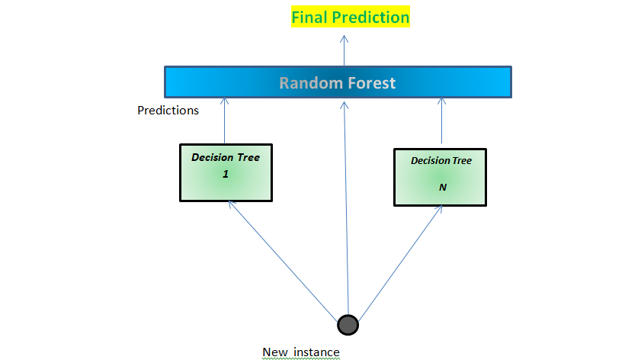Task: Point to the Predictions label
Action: (x=168, y=111)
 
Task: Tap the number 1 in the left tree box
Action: (x=226, y=175)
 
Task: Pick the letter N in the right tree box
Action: (x=441, y=186)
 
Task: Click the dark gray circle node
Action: (x=348, y=325)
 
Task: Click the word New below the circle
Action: (x=274, y=352)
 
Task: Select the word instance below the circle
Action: (x=316, y=352)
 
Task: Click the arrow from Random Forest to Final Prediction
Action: (x=343, y=47)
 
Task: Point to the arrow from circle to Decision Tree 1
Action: (x=282, y=259)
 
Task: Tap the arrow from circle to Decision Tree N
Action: (x=400, y=259)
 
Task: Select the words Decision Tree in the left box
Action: (x=226, y=157)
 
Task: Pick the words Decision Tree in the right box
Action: (x=441, y=161)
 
